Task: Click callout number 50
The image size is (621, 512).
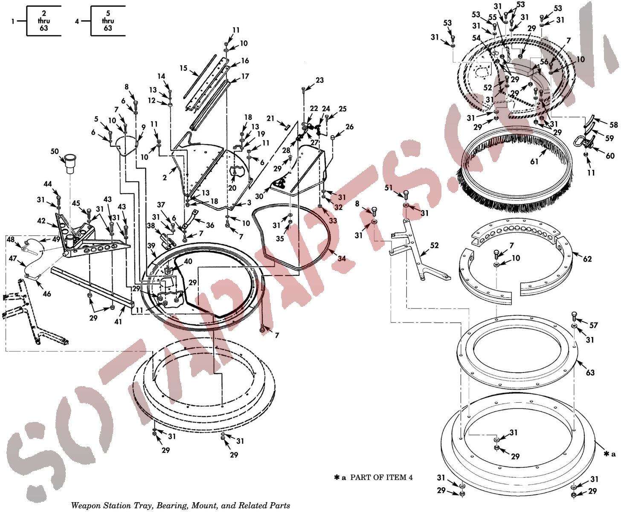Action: (55, 151)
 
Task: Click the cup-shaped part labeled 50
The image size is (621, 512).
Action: (70, 163)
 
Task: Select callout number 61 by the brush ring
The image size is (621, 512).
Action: (534, 162)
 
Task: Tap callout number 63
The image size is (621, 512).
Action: (590, 372)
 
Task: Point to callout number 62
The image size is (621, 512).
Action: (587, 259)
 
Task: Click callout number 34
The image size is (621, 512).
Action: (342, 258)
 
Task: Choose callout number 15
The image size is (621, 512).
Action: (183, 68)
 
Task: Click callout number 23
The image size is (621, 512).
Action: (319, 80)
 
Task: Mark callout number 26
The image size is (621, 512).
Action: (349, 127)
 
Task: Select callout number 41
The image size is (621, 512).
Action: (118, 322)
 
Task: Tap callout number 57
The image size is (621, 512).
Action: (594, 325)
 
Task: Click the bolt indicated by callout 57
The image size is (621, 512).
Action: (574, 317)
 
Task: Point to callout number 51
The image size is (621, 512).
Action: (389, 187)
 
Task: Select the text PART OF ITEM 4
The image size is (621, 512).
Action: (381, 477)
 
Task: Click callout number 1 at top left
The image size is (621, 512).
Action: (13, 21)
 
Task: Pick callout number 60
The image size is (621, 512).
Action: (610, 156)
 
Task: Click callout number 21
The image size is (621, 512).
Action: (270, 119)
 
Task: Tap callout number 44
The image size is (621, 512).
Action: (48, 184)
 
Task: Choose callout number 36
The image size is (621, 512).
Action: (210, 225)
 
